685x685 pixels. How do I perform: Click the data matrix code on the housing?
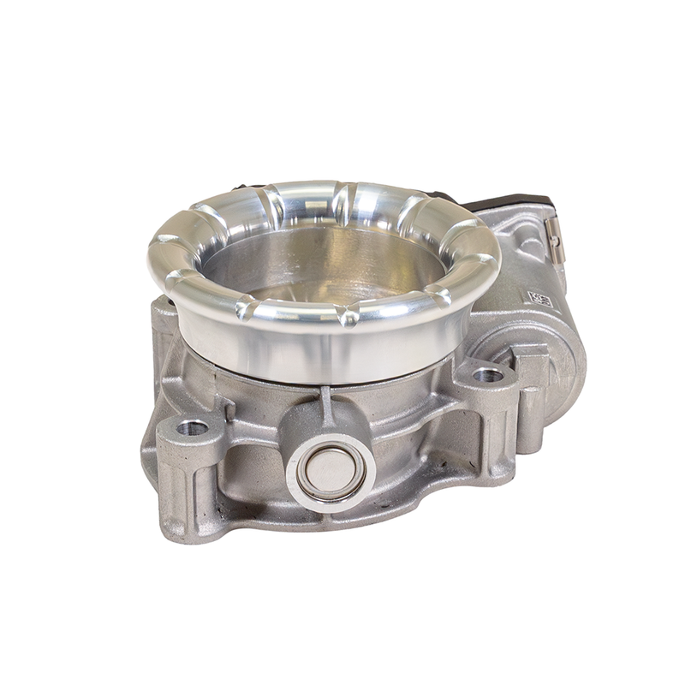coord(539,299)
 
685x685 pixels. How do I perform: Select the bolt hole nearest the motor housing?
coord(488,374)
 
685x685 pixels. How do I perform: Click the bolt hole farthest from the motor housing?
coord(192,426)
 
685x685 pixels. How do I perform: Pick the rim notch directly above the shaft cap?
coord(349,318)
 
